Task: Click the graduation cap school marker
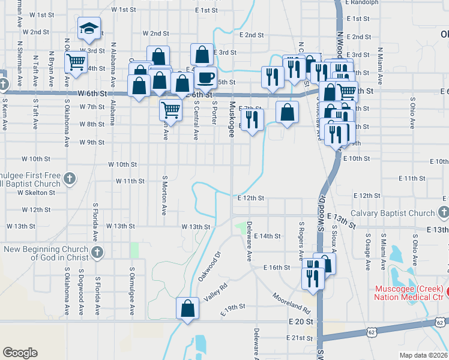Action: (x=88, y=29)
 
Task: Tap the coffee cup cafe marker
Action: (x=206, y=77)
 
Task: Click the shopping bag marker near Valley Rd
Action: (x=187, y=309)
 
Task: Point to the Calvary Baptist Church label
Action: (x=392, y=213)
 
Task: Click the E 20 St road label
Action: (x=301, y=322)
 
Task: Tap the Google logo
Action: (x=20, y=353)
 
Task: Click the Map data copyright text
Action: (x=423, y=355)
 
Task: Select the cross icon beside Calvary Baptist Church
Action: (x=443, y=213)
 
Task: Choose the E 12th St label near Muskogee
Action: (x=251, y=198)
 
